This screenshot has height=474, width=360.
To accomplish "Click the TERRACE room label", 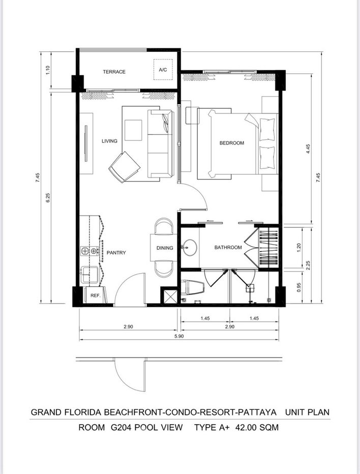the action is pyautogui.click(x=114, y=72).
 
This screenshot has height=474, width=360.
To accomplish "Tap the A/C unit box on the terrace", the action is pyautogui.click(x=163, y=70).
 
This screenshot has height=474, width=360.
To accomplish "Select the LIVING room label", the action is pyautogui.click(x=109, y=141).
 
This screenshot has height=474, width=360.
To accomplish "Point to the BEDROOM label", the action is pyautogui.click(x=231, y=143).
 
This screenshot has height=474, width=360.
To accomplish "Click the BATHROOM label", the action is pyautogui.click(x=228, y=247).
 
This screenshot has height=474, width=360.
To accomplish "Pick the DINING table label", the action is pyautogui.click(x=165, y=248).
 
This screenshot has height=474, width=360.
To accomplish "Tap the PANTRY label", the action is pyautogui.click(x=116, y=253).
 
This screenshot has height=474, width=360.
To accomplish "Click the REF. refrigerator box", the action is pyautogui.click(x=95, y=295).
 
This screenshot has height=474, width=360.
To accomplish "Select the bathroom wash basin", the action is pyautogui.click(x=190, y=247).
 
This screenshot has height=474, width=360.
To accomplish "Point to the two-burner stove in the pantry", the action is pyautogui.click(x=89, y=250).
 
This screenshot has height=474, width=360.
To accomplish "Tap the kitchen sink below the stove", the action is pyautogui.click(x=89, y=275).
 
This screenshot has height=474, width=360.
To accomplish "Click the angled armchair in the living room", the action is pyautogui.click(x=124, y=167).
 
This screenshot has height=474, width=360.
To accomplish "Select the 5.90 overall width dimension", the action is pyautogui.click(x=179, y=336).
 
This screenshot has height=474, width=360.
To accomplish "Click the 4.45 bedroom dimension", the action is pyautogui.click(x=308, y=149).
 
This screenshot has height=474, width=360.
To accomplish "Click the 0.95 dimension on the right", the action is pyautogui.click(x=299, y=287).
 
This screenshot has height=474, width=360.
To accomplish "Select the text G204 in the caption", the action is pyautogui.click(x=121, y=427).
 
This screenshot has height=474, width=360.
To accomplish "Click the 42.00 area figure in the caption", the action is pyautogui.click(x=246, y=427).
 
